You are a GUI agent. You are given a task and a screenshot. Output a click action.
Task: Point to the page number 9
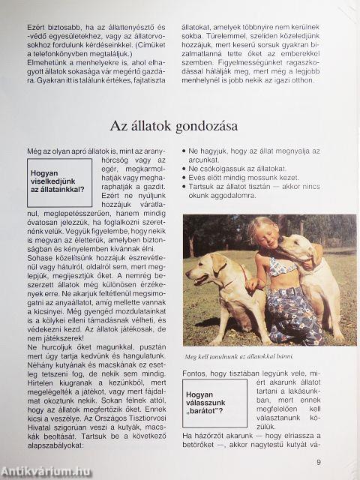click(319, 462)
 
